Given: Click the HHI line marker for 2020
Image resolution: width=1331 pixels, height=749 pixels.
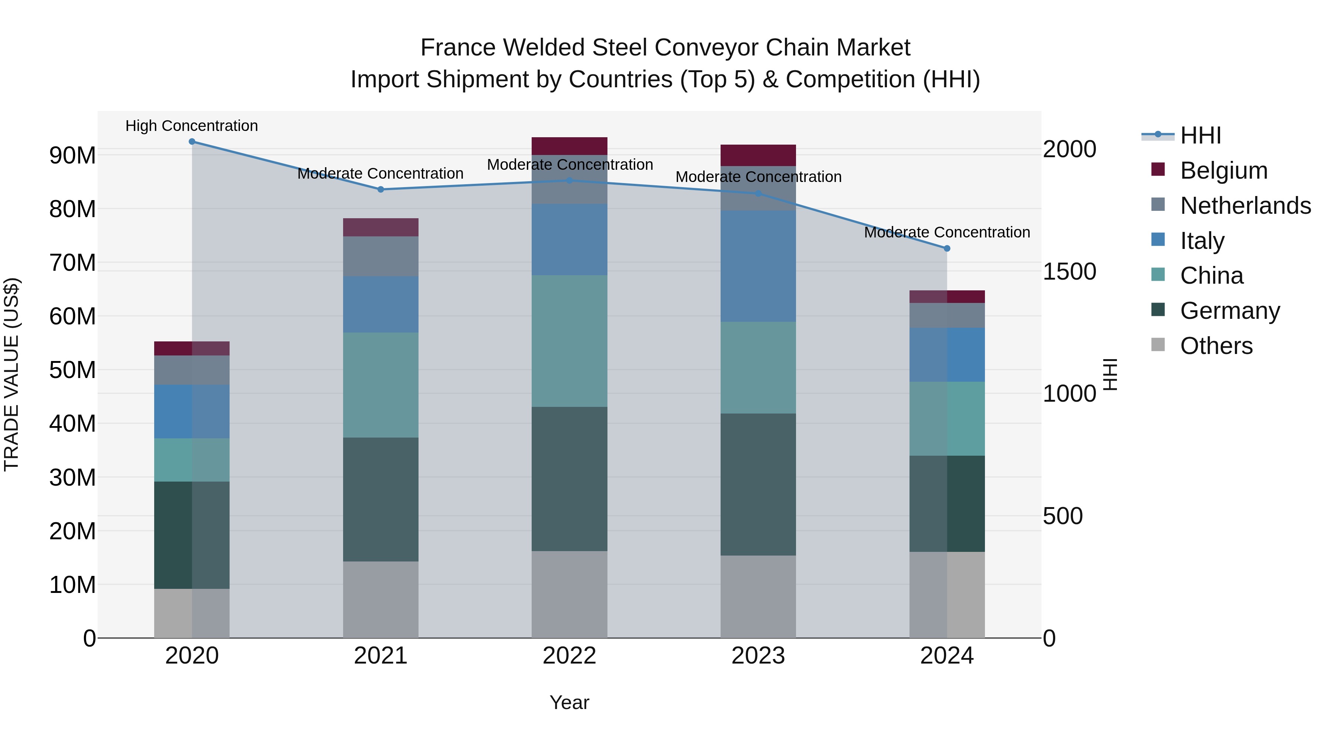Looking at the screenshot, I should point(192,141).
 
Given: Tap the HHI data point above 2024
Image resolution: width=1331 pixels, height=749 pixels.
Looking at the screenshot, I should point(946,248).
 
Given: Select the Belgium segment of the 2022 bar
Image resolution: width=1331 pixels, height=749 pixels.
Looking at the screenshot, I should point(569,146).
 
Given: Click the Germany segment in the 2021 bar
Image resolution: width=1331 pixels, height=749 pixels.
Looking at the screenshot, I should point(380,499).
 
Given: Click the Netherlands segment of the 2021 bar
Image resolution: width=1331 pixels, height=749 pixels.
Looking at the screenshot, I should point(380,256).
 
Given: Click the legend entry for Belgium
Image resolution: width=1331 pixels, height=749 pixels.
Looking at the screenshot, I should point(1223,171).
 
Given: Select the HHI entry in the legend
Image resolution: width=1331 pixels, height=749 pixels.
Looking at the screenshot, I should point(1200,135).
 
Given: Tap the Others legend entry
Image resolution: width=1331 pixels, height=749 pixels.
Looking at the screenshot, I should point(1216,345).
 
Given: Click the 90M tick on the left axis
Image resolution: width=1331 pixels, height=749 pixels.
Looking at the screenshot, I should point(72,155).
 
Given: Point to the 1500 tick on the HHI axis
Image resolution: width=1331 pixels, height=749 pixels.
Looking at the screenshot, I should point(1069,271).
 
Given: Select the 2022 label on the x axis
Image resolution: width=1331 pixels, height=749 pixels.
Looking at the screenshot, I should point(569,655).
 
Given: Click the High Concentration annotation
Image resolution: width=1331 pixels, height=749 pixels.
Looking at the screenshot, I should point(192,126).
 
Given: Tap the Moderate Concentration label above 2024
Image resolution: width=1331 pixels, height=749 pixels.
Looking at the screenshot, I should point(946,232).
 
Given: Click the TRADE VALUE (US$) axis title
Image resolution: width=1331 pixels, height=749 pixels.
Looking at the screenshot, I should point(11,374).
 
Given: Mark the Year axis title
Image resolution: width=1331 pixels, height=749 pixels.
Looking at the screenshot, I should point(569,702).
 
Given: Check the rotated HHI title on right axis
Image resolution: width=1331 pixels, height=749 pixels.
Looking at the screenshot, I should point(1110,374).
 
